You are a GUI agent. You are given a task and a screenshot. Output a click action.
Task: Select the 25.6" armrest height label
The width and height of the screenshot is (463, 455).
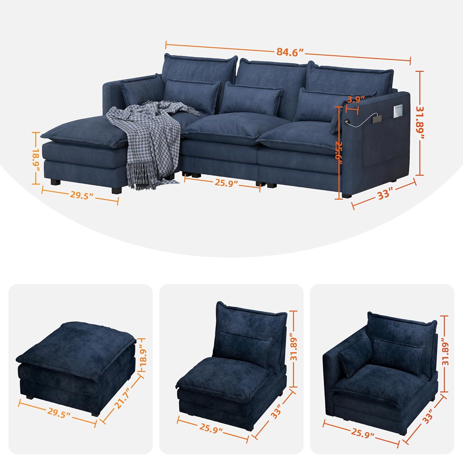coord(340,150)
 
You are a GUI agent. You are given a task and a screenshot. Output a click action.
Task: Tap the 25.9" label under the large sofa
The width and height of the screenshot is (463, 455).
coord(227,182)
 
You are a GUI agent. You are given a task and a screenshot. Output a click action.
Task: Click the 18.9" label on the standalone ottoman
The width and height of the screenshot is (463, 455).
coord(143,356)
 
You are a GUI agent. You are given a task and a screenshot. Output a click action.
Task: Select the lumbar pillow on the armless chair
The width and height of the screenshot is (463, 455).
coord(246,347)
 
